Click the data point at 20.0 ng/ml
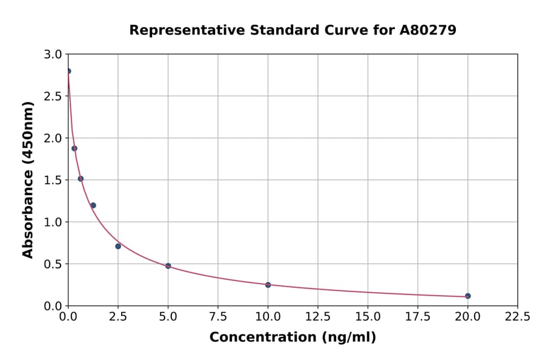pyautogui.click(x=467, y=296)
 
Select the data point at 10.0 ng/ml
pyautogui.click(x=268, y=285)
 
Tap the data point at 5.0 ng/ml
pyautogui.click(x=168, y=266)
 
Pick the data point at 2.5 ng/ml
pyautogui.click(x=118, y=246)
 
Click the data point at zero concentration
pyautogui.click(x=68, y=71)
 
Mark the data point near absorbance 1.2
pyautogui.click(x=93, y=205)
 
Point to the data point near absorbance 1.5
pyautogui.click(x=81, y=179)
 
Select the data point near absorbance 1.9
pyautogui.click(x=74, y=148)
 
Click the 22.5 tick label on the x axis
pyautogui.click(x=517, y=317)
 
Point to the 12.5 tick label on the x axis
pyautogui.click(x=318, y=317)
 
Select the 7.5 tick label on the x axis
pyautogui.click(x=218, y=317)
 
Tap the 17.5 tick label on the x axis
pyautogui.click(x=418, y=317)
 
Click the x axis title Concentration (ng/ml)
pyautogui.click(x=292, y=338)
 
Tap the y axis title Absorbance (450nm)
pyautogui.click(x=28, y=179)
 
